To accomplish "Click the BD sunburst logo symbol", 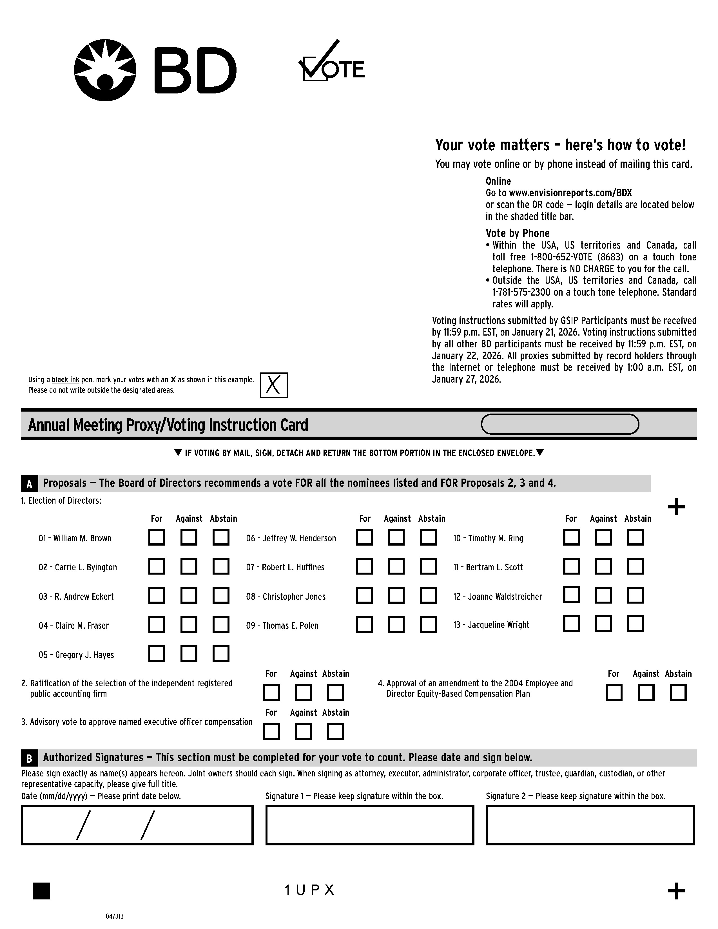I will point(105,70).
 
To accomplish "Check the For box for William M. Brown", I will point(157,537).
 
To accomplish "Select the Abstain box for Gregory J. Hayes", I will point(221,654).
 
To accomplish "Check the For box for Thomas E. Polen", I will point(364,624).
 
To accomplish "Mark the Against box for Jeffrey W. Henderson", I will point(396,537).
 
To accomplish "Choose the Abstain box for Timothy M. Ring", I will point(636,537).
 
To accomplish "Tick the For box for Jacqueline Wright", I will point(571,624).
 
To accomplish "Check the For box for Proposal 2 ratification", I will point(271,693).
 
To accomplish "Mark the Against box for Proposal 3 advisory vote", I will point(303,732).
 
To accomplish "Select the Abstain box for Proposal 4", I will point(678,693).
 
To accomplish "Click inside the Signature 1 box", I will point(370,825).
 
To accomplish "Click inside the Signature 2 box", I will point(590,825).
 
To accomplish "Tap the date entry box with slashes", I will point(137,825).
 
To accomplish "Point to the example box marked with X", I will point(273,385).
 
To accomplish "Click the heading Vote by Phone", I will point(517,233).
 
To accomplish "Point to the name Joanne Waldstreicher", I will point(505,596).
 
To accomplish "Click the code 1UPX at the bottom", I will point(309,890).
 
